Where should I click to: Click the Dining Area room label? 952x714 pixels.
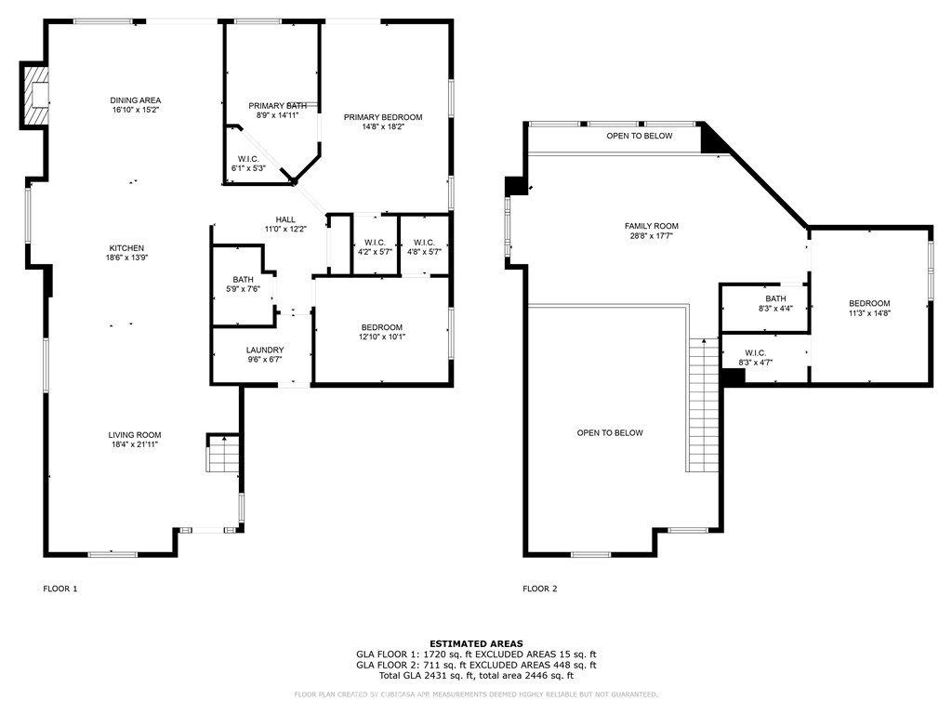click(136, 100)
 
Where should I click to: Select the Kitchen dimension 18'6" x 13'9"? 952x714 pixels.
click(126, 258)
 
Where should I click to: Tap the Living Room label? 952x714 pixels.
click(136, 434)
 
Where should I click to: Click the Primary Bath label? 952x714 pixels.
click(277, 106)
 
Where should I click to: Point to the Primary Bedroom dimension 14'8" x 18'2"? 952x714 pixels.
click(383, 127)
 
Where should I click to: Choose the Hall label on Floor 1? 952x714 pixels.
click(285, 219)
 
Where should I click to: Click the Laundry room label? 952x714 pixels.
click(265, 350)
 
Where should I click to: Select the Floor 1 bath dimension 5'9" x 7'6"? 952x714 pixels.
click(244, 289)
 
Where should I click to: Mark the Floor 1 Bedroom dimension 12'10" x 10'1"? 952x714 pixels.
click(382, 337)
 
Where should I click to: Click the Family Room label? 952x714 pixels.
click(651, 226)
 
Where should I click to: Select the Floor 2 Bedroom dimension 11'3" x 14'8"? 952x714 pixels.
click(869, 314)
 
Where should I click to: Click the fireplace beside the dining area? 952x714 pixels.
click(35, 96)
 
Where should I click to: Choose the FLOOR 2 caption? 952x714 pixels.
click(539, 588)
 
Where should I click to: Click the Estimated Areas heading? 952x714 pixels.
click(476, 643)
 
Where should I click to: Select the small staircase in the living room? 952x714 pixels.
click(223, 456)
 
